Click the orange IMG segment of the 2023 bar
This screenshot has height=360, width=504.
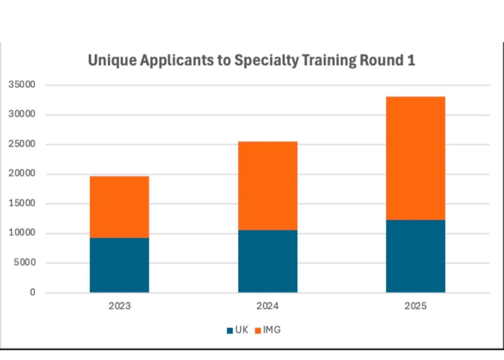119,207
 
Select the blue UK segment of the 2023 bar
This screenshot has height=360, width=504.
119,265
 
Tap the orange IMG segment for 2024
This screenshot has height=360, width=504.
268,185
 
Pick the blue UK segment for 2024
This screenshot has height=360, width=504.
268,261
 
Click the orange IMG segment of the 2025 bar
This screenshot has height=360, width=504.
415,158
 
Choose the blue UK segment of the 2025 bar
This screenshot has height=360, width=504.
415,256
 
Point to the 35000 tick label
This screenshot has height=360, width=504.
22,85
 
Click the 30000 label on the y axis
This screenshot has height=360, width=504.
22,115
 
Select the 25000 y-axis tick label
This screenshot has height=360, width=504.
22,145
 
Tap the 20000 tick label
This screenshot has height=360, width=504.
22,174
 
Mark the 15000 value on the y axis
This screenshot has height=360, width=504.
22,203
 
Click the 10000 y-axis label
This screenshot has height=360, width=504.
22,233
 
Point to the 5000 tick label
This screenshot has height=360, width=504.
25,263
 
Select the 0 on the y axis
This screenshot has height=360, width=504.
33,293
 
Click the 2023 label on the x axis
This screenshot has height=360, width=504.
119,306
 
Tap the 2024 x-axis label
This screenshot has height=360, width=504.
268,306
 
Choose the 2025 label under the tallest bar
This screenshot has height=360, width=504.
415,306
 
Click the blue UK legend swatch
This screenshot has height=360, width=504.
230,330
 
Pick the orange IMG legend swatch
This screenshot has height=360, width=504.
259,330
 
